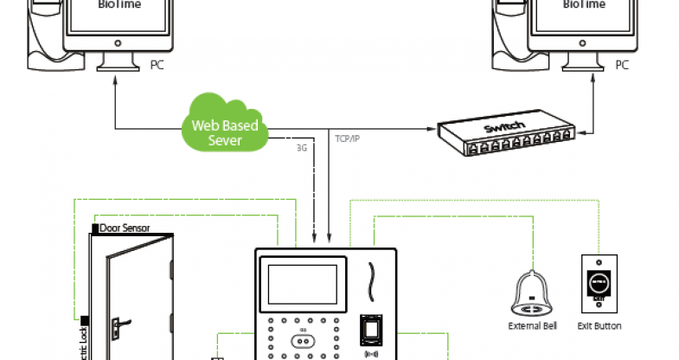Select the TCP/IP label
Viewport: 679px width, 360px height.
[348, 138]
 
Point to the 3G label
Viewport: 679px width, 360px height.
[302, 148]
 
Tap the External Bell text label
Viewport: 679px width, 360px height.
[533, 326]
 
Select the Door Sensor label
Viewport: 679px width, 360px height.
[125, 228]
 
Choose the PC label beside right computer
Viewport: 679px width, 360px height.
[622, 65]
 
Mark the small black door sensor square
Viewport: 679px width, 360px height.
[95, 229]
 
